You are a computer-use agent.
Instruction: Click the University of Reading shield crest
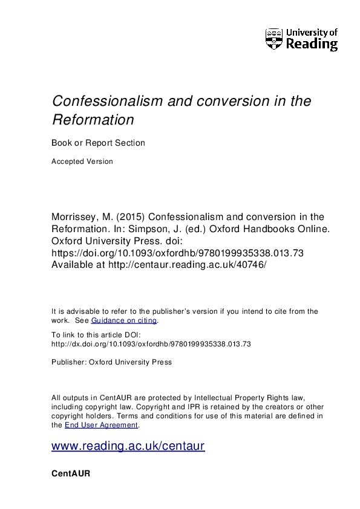(x=274, y=39)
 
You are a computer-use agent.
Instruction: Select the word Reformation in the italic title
(x=93, y=120)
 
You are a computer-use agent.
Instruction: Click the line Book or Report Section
(x=98, y=143)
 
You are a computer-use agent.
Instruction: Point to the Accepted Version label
(x=82, y=161)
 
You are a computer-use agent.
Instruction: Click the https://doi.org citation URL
(x=177, y=253)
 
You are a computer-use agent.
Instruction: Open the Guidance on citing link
(x=124, y=320)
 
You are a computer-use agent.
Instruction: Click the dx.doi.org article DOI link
(x=151, y=344)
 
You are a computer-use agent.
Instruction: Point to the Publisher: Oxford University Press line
(x=112, y=362)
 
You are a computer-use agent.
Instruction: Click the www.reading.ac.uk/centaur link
(x=128, y=446)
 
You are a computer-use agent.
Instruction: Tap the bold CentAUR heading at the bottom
(x=71, y=474)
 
